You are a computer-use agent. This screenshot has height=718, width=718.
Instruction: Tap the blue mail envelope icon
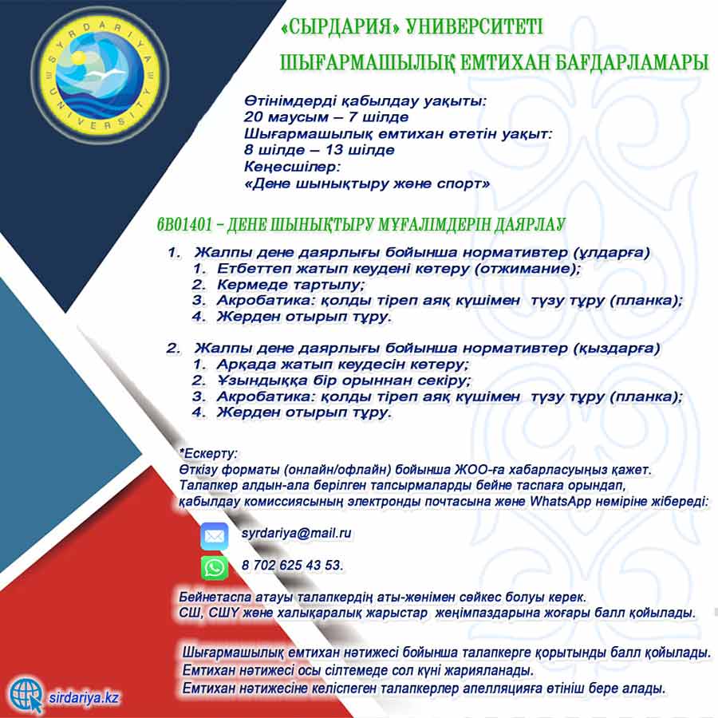[215, 535]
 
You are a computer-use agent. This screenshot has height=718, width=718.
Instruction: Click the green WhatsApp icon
[215, 566]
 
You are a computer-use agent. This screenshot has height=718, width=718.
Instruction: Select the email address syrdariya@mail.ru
[296, 533]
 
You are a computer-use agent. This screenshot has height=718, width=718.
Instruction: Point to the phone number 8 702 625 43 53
[292, 565]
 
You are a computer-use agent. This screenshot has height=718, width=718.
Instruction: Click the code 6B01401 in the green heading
[186, 226]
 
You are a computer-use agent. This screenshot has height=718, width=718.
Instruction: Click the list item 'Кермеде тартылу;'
[290, 285]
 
